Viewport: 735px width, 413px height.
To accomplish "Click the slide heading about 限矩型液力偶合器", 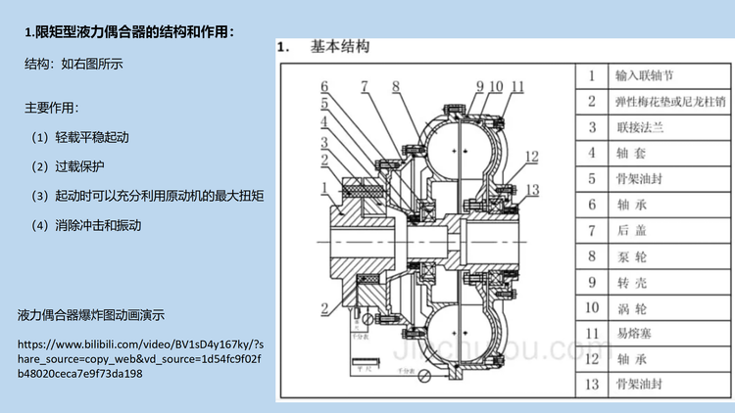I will (x=129, y=31).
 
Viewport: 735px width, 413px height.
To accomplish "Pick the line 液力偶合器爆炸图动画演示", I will (x=91, y=315).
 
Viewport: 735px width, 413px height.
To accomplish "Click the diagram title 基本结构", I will (x=339, y=46).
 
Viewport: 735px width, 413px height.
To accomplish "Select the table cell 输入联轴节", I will (x=644, y=75).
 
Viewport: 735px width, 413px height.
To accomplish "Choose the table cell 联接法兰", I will (x=639, y=126).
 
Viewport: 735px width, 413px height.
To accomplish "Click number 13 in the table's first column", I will (x=591, y=384).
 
